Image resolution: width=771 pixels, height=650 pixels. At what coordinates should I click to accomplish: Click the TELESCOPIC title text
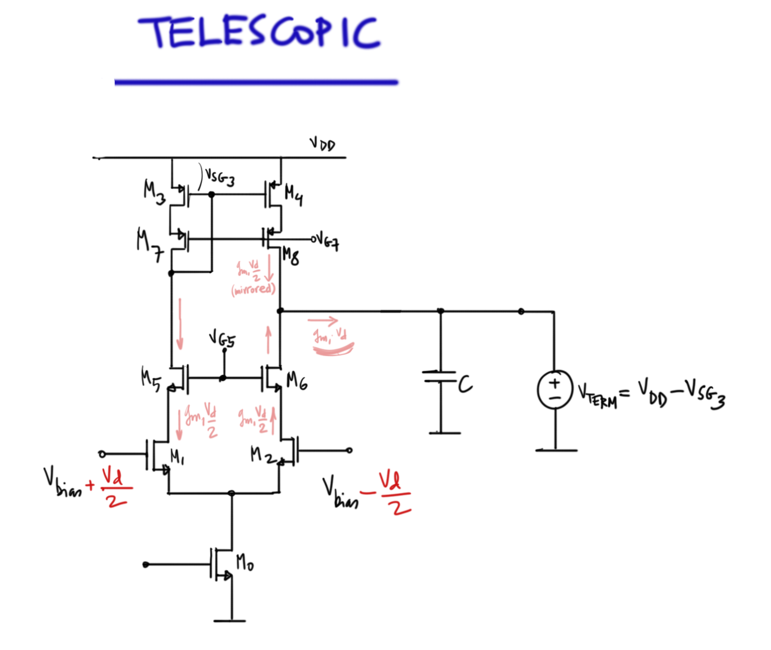pos(259,32)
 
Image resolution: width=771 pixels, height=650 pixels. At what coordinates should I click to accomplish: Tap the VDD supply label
pos(322,145)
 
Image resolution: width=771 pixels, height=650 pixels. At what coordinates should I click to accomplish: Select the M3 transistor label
pos(154,191)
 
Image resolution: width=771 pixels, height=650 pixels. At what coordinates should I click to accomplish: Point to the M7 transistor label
pos(149,245)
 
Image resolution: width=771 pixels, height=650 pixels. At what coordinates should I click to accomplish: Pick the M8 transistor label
pos(291,256)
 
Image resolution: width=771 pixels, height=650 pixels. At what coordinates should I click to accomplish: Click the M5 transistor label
pos(150,379)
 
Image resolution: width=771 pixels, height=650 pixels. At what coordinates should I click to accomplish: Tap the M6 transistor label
pos(297,380)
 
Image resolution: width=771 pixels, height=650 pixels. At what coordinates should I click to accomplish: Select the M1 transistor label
pos(177,457)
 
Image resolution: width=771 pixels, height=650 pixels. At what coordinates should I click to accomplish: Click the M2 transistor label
pos(262,455)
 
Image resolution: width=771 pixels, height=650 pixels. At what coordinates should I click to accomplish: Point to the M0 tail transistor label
pos(245,562)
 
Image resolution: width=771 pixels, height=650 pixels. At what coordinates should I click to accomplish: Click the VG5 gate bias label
pos(222,339)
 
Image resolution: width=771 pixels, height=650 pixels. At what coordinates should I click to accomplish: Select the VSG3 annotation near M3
pos(219,177)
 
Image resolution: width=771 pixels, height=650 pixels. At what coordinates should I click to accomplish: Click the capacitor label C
pos(465,384)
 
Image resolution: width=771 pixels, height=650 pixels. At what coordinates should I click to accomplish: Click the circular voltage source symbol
pos(555,390)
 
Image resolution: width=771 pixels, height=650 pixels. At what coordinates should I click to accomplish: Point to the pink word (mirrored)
pos(253,289)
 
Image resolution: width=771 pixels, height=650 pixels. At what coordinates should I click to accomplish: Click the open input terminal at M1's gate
pos(102,454)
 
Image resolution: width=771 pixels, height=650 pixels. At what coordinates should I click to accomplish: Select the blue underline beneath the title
pos(256,82)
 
